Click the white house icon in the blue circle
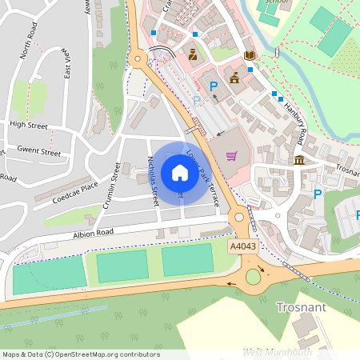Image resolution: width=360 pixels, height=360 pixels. click(180, 172)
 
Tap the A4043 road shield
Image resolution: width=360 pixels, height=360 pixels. click(243, 247)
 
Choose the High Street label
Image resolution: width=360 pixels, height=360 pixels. click(29, 125)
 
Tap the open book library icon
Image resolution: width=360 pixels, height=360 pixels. click(250, 54)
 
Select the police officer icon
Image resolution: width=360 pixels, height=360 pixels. click(193, 54)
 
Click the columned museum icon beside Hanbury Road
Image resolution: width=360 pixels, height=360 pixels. click(299, 161)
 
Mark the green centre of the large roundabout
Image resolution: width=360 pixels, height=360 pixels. click(254, 277)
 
